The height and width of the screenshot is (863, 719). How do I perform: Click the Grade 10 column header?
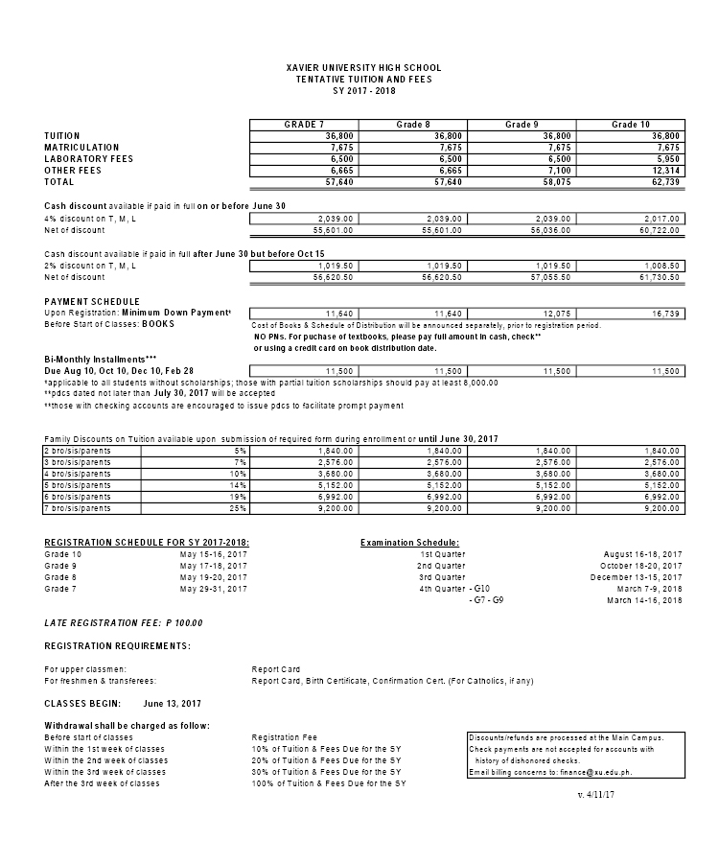pyautogui.click(x=631, y=125)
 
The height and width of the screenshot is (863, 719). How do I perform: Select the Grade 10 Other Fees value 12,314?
pyautogui.click(x=662, y=171)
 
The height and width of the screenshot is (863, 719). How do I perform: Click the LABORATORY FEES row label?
pyautogui.click(x=89, y=159)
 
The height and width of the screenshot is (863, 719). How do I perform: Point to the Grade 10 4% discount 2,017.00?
pyautogui.click(x=661, y=219)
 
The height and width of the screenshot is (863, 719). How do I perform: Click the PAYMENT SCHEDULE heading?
pyautogui.click(x=92, y=302)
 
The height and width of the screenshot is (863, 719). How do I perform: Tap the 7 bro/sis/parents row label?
pyautogui.click(x=78, y=508)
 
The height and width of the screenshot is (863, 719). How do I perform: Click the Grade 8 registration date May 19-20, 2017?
pyautogui.click(x=214, y=577)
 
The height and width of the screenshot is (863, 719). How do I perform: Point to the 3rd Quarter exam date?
pyautogui.click(x=637, y=577)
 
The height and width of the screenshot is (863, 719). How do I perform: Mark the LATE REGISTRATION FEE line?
pyautogui.click(x=124, y=623)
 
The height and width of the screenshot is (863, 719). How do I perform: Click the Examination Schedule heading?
pyautogui.click(x=409, y=543)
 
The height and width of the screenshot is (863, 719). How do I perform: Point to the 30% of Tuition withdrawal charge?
pyautogui.click(x=325, y=772)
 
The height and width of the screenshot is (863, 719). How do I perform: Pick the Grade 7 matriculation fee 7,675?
pyautogui.click(x=341, y=148)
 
